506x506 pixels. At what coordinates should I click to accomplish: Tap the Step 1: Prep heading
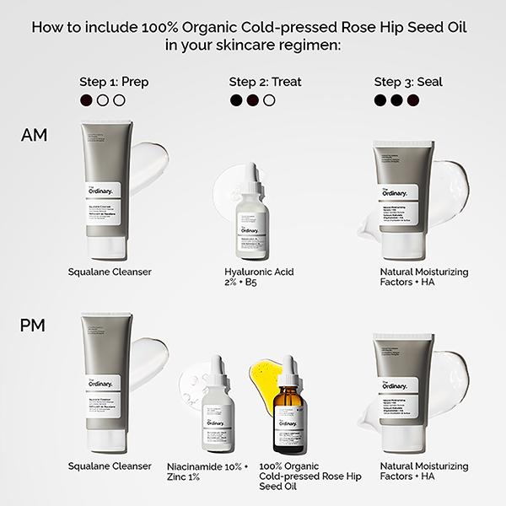[x=113, y=82]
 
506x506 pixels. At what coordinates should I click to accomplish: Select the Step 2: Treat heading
[x=265, y=82]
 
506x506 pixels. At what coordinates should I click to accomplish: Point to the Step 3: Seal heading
[x=408, y=82]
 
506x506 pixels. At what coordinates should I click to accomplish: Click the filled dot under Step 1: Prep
[x=85, y=100]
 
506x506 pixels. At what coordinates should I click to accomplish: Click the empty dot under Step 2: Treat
[x=269, y=100]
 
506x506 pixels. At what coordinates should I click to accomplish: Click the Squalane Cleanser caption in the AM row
[x=110, y=272]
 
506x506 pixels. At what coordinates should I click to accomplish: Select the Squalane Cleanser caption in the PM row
[x=110, y=466]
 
